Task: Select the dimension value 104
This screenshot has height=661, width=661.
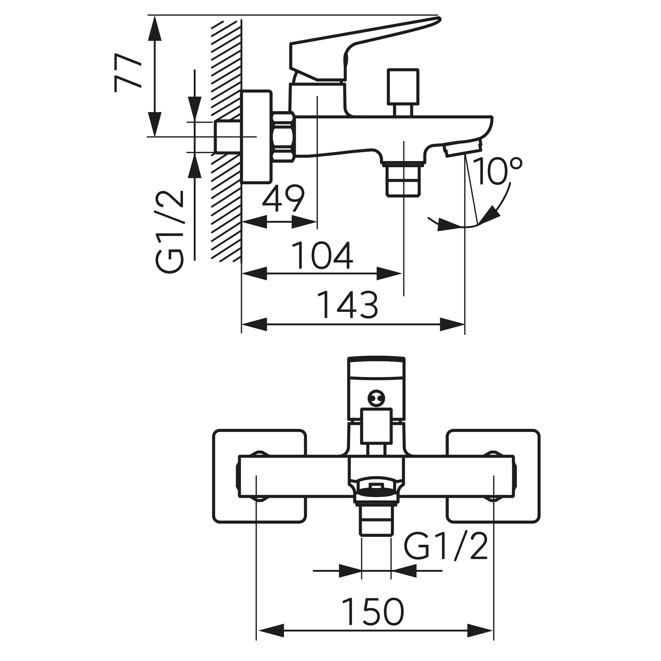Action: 323,256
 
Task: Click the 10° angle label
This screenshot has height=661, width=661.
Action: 498,171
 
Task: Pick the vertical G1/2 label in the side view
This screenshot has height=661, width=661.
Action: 170,232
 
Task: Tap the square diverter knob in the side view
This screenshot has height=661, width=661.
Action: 403,86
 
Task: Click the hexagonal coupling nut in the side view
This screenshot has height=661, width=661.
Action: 284,137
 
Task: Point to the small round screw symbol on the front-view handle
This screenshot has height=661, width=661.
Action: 376,398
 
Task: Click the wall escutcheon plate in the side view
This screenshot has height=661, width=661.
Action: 256,137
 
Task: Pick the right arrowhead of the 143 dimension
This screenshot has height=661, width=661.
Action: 452,324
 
